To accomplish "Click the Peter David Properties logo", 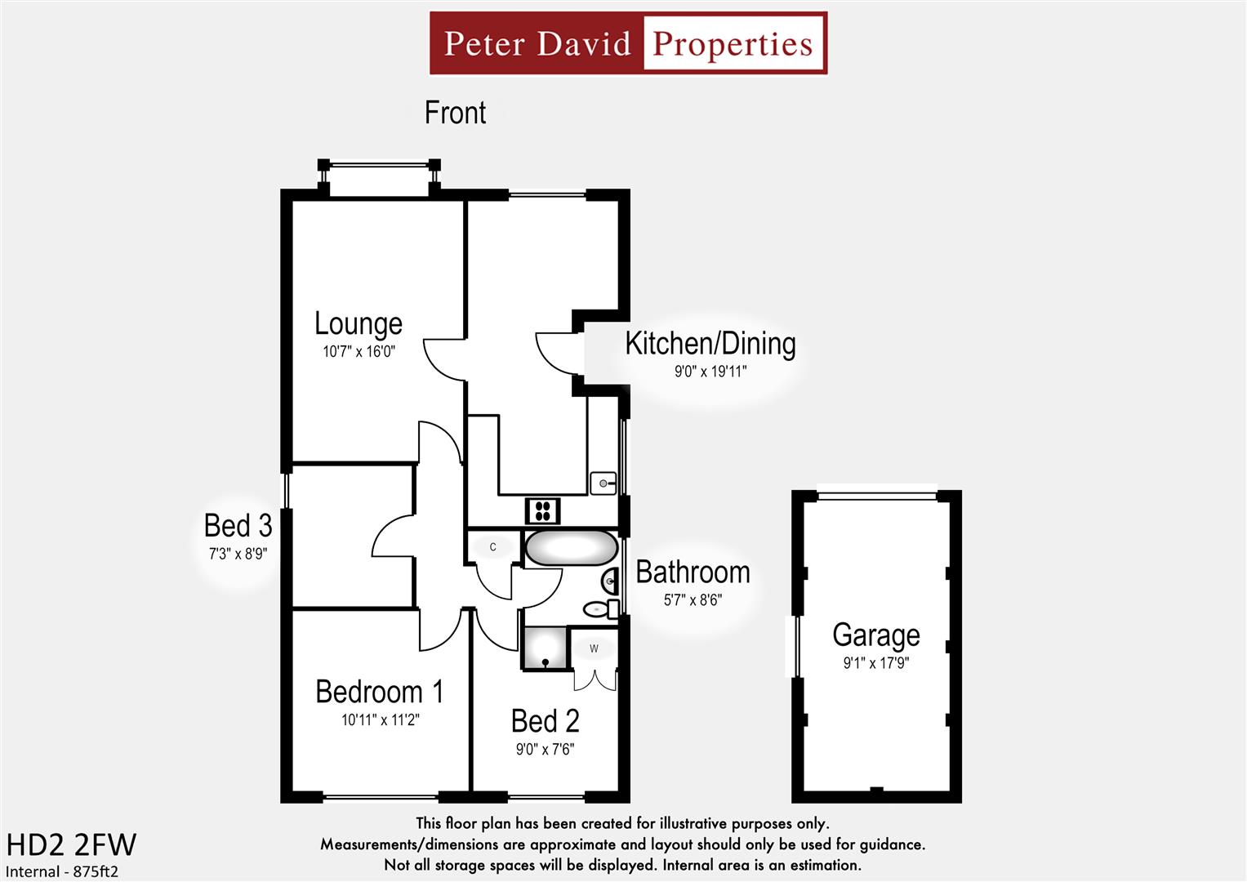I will (x=628, y=43).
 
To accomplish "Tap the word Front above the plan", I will (x=455, y=113).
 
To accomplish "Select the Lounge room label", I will (x=359, y=323).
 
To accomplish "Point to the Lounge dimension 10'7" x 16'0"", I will (x=359, y=352).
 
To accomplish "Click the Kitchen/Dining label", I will (x=710, y=344).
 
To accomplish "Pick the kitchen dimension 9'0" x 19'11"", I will (x=710, y=372).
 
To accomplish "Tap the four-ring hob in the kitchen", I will (x=542, y=511).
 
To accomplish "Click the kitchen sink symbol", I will (x=603, y=483).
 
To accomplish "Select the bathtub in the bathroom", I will (x=571, y=548).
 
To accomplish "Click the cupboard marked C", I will (x=492, y=547).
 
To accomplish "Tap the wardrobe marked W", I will (x=594, y=648).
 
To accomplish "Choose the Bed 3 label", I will (x=238, y=525).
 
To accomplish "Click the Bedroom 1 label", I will (x=379, y=692).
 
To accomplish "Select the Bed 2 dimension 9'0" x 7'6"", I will (x=545, y=749).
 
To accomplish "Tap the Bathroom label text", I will (x=693, y=572).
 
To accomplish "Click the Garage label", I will (x=875, y=635).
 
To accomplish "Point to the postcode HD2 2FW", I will (x=71, y=844).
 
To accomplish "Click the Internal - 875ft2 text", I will (x=62, y=871).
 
